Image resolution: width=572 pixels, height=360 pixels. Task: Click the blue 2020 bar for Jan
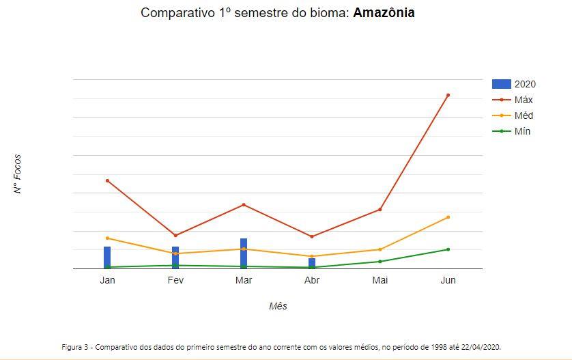coord(107,258)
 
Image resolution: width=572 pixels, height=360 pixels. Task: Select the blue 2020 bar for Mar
coord(244,253)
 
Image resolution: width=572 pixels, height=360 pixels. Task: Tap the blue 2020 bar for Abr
coord(312,264)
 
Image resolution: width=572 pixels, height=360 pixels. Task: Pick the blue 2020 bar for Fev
coord(175,258)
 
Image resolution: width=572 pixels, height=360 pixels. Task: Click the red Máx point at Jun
coord(448,95)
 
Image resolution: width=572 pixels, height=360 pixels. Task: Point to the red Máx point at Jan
coord(107,180)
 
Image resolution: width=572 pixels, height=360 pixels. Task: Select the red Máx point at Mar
coord(244,205)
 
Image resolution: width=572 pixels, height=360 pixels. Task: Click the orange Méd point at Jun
coord(448,217)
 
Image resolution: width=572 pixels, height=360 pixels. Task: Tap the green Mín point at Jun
coord(448,249)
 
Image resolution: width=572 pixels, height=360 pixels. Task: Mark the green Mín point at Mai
coord(380,262)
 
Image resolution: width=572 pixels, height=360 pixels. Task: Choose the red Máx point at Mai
coord(380,210)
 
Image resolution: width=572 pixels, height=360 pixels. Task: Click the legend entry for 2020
coord(514,84)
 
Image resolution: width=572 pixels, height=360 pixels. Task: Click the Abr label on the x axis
coord(312,280)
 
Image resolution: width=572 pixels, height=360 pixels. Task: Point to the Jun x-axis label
coord(448,280)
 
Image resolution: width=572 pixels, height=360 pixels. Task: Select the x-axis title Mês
coord(278,306)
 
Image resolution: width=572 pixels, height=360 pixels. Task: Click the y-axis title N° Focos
coord(18,174)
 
